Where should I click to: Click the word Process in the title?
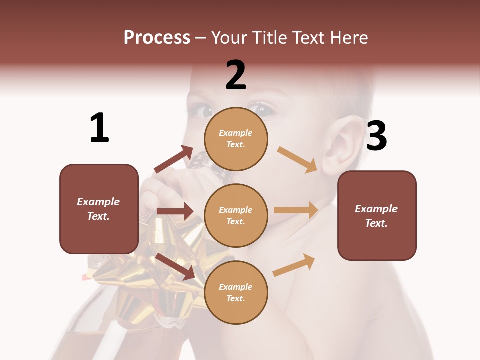click(157, 38)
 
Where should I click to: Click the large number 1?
click(99, 128)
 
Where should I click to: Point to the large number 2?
click(236, 75)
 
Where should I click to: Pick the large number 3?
click(377, 136)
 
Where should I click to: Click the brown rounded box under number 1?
click(99, 209)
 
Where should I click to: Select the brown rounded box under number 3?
click(377, 215)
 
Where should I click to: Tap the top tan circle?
click(236, 139)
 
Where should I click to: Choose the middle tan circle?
click(236, 215)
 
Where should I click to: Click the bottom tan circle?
click(236, 292)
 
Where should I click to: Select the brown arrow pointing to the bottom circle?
click(175, 266)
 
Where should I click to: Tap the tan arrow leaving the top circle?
click(297, 159)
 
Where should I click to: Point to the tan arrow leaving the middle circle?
click(296, 210)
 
